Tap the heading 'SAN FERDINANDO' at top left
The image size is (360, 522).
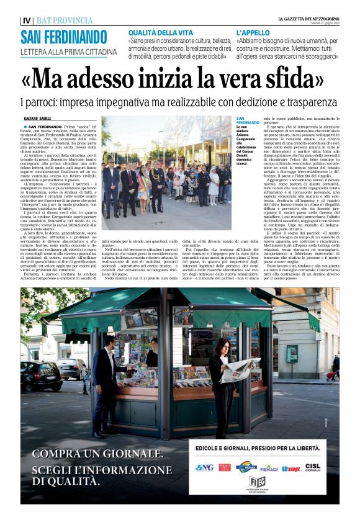point(64,36)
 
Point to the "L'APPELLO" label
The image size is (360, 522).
point(253,32)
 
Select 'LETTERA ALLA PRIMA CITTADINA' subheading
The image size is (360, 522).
point(68,52)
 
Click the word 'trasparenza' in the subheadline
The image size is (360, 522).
point(306,101)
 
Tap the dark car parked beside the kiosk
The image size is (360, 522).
point(40,375)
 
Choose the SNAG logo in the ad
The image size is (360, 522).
point(204,467)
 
